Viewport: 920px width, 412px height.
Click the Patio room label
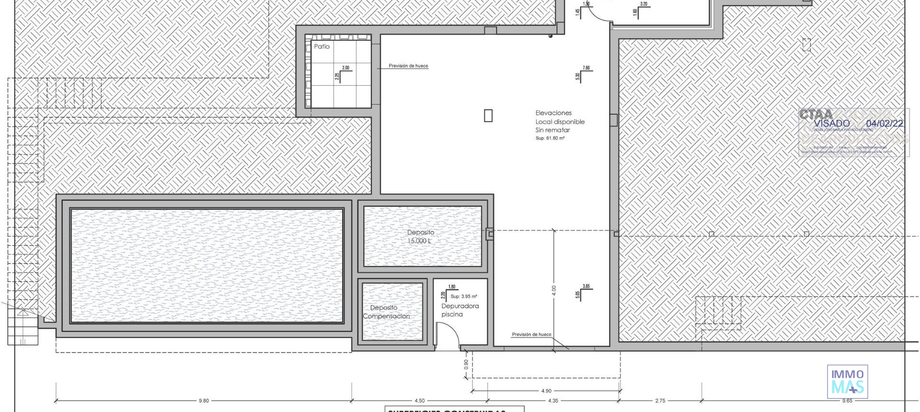coord(322,46)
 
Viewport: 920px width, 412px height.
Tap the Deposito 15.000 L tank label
coord(420,237)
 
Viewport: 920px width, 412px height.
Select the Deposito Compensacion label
coord(386,312)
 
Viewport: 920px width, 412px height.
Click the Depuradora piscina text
coord(460,310)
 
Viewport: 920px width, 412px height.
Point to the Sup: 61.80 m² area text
coord(550,138)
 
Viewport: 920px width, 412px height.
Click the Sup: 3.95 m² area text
coord(463,297)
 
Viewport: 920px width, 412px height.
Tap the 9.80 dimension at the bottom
coord(204,401)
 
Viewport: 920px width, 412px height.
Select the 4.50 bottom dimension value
coord(419,401)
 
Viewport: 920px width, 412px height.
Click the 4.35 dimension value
coord(552,401)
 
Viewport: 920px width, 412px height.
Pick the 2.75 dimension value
coord(660,401)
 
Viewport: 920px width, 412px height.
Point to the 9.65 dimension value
coord(847,401)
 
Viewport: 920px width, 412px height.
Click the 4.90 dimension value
coord(546,391)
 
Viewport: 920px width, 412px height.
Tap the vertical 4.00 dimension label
coord(554,290)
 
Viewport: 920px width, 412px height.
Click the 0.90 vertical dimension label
coord(466,364)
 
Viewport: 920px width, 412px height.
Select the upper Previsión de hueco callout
coord(408,66)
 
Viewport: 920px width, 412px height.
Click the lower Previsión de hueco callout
coord(531,334)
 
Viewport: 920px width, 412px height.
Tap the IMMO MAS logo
coord(847,381)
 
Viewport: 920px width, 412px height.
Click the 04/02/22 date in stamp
coord(885,124)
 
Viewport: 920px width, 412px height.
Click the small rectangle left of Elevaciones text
coord(488,115)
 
